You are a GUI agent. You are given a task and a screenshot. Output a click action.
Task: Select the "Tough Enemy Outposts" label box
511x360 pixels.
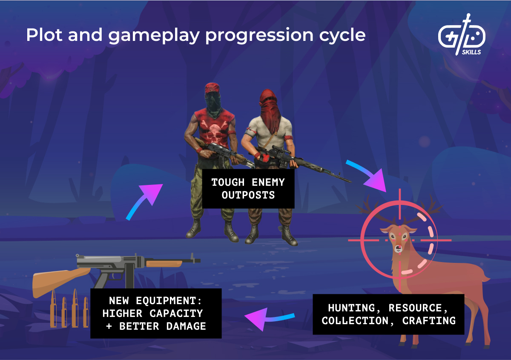pos(248,189)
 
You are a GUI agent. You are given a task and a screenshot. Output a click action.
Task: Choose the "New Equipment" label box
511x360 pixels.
pos(156,313)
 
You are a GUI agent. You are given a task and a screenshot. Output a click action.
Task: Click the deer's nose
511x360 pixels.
pos(398,248)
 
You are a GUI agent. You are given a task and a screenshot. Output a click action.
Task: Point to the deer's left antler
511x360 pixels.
pos(369,209)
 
